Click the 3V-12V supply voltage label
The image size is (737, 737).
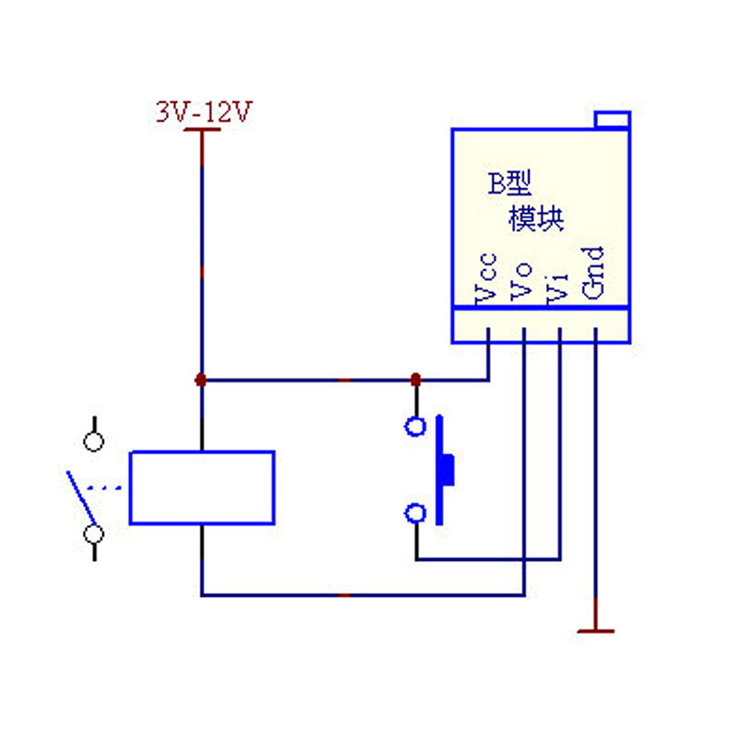click(202, 113)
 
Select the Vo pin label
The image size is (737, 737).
click(522, 279)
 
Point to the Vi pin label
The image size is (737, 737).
click(558, 281)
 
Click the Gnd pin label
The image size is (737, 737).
click(595, 274)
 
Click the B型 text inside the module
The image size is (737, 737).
click(509, 184)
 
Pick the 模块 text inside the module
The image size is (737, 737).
click(536, 220)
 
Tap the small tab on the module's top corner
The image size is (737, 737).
click(612, 119)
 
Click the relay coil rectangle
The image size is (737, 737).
click(202, 487)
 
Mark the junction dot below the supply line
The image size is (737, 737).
click(201, 380)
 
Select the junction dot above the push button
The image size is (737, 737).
click(415, 380)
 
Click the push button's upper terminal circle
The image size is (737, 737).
click(415, 427)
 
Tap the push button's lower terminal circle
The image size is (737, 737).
click(415, 513)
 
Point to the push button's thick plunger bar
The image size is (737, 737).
click(442, 470)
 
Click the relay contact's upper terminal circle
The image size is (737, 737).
click(93, 441)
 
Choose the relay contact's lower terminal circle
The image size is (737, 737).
click(93, 533)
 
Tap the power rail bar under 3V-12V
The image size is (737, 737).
click(202, 131)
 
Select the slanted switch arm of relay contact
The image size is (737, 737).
click(80, 498)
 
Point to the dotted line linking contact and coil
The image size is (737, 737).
click(110, 487)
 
